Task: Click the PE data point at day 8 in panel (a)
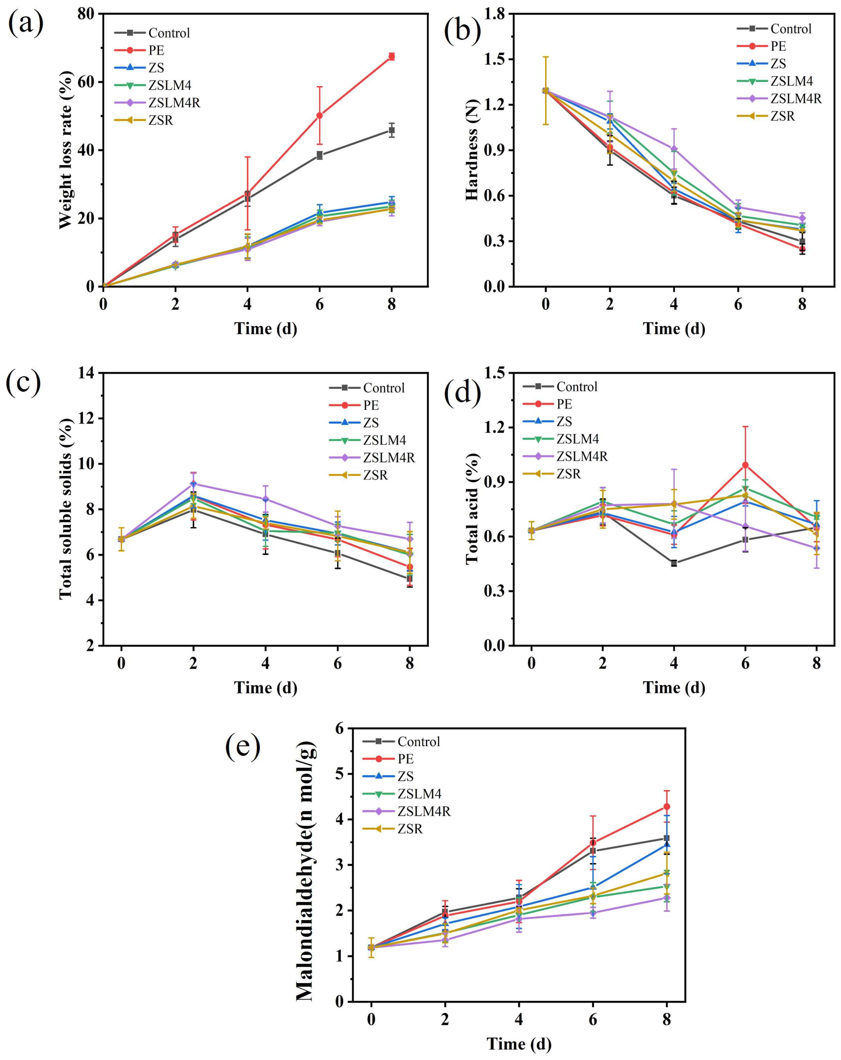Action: [391, 57]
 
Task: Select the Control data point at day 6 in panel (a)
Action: [320, 155]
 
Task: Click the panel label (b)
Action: [462, 30]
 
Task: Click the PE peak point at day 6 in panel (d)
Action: [745, 465]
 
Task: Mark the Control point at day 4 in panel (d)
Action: [674, 563]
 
